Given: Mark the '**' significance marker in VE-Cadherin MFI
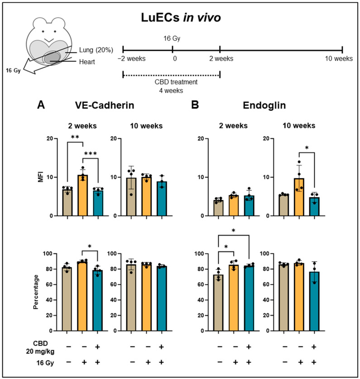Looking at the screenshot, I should click(x=75, y=136).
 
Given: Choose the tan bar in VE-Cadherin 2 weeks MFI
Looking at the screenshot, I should click(x=67, y=202).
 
